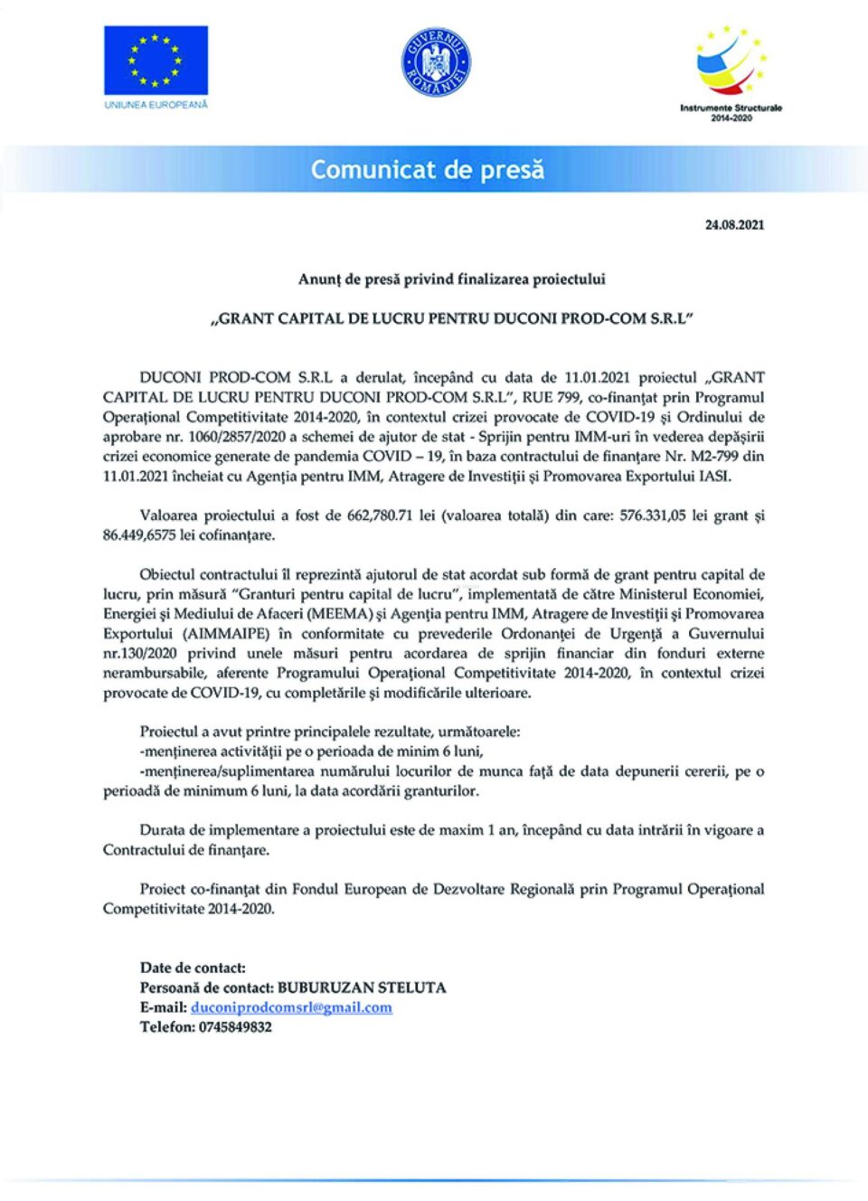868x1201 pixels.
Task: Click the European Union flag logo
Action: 156,60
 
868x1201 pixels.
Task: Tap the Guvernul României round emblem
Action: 436,61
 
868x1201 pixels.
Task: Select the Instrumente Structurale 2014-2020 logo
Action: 731,72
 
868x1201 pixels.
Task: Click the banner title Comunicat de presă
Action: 428,169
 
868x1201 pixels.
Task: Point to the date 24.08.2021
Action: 734,224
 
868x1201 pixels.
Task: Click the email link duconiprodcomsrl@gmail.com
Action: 291,1007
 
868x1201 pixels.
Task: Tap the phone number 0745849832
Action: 235,1027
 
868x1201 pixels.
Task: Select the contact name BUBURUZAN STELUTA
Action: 362,988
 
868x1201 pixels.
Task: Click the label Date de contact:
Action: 193,968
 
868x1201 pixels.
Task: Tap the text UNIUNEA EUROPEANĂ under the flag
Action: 156,105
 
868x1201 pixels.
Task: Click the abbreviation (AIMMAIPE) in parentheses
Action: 228,634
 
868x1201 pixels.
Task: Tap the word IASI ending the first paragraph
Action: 714,477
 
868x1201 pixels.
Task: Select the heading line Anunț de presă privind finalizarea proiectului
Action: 452,279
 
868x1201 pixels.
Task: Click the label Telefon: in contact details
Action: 167,1027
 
